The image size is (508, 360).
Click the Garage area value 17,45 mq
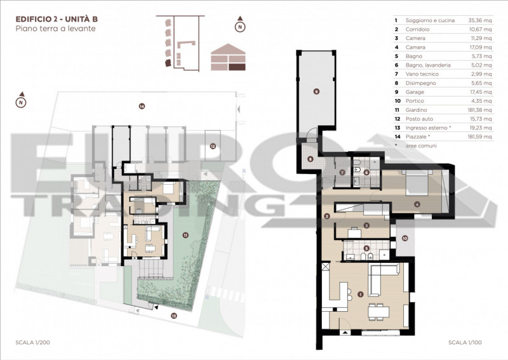pos(481,92)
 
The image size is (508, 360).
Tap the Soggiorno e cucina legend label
pos(430,20)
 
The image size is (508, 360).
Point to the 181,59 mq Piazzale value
pos(480,137)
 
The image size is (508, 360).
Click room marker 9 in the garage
pos(316,91)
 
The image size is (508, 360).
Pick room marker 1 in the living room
pos(360,294)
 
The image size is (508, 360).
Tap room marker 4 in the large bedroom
pos(417,204)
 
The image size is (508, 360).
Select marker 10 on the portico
pos(404,239)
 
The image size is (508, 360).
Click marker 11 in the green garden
pos(185,235)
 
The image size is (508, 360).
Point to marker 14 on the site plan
pos(142,106)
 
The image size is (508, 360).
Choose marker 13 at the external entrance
pos(174,315)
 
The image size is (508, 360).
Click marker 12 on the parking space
pos(213,146)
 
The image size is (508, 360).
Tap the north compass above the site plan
pos(21,101)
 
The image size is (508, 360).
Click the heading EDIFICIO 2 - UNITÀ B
pos(57,19)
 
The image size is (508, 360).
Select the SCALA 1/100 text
pos(465,342)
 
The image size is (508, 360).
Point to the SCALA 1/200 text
pos(33,342)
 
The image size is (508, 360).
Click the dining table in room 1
pos(378,311)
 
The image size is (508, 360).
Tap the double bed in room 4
pos(417,183)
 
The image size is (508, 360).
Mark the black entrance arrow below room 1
pos(346,333)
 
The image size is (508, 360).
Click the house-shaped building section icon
pos(228,57)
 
